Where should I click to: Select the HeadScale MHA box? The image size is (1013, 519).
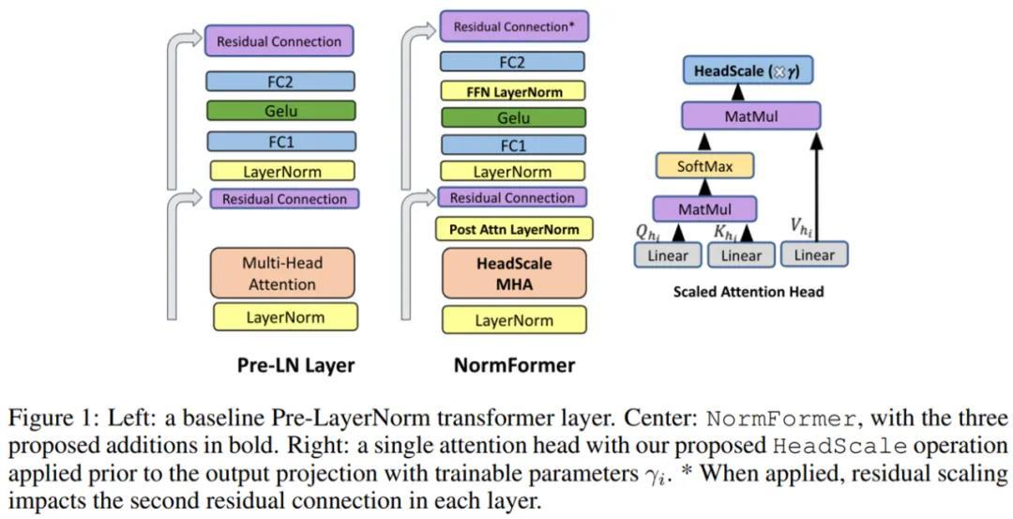point(513,273)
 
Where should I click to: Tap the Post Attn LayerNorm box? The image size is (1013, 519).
point(513,229)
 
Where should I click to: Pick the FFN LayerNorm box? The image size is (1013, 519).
point(513,91)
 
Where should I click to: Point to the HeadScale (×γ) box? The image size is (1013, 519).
point(747,70)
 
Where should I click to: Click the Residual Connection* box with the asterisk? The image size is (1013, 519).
point(513,26)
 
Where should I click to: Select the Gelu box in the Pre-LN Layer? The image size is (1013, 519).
point(281,111)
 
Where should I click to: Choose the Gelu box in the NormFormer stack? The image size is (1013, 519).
point(513,118)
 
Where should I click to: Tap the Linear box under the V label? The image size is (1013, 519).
point(814,254)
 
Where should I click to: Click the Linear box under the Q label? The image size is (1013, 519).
point(667,255)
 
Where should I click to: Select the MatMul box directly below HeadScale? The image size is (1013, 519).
point(750,116)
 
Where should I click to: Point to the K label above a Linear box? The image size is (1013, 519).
point(723,231)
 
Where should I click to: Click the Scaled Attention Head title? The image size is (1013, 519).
point(748,291)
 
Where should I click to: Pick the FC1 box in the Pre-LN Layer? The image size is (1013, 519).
point(281,142)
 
